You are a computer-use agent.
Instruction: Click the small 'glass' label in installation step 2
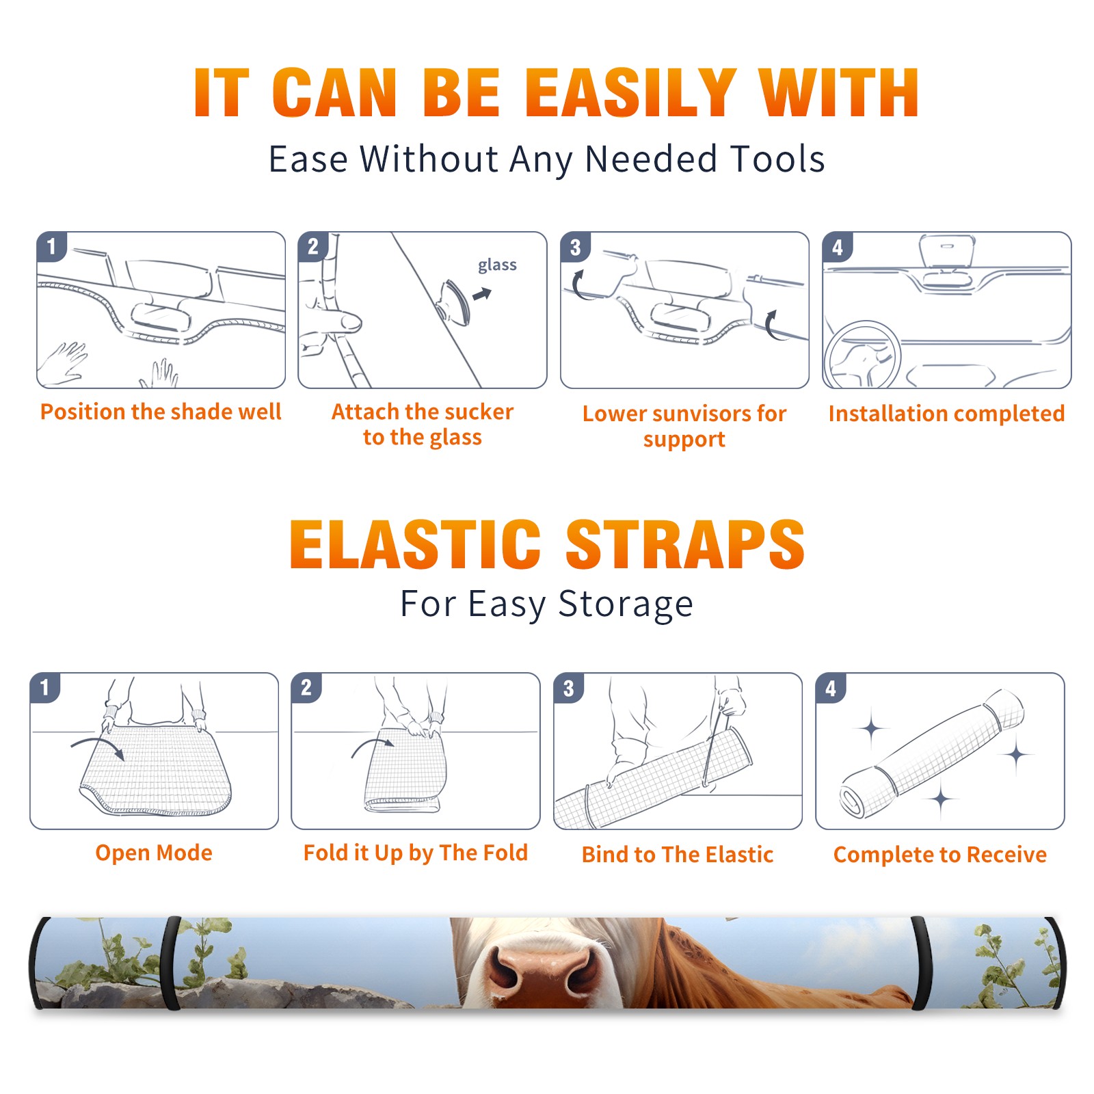497,265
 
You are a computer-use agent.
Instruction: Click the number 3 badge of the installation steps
575,247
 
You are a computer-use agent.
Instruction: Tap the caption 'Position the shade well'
161,412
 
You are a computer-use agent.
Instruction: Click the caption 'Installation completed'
946,414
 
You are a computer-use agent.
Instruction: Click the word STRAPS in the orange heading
685,544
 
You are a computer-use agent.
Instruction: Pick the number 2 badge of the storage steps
306,687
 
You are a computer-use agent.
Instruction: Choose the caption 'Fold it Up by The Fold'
416,853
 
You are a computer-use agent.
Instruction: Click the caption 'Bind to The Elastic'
678,855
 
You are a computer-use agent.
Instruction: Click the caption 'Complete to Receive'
940,855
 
